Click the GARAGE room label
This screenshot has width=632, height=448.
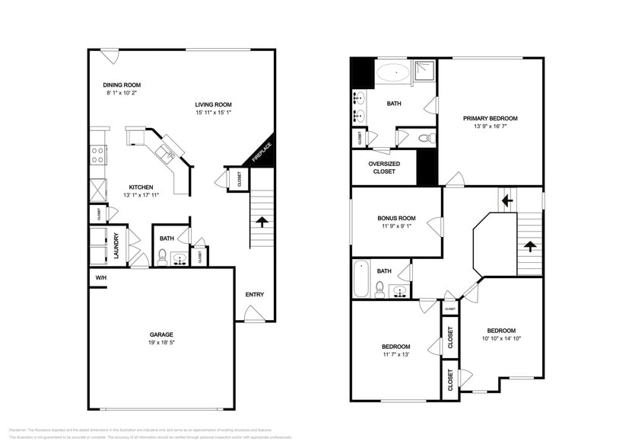(161, 334)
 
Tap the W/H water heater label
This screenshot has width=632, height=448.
(100, 278)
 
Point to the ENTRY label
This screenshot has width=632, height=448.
(254, 294)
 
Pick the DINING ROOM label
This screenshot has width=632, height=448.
(122, 85)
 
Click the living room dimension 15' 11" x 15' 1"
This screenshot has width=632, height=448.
(213, 113)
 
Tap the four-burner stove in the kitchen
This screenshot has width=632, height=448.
(98, 155)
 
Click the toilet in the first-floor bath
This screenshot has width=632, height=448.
(162, 258)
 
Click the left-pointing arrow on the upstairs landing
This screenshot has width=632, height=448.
(507, 200)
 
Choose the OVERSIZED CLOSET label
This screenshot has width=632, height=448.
(384, 168)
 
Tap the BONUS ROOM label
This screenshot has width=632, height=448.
(396, 218)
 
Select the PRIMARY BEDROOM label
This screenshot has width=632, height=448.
(491, 118)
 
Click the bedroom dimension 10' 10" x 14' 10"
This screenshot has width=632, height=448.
(501, 338)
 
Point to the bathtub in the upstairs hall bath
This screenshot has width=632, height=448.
(360, 280)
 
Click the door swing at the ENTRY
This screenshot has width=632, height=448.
(252, 313)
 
